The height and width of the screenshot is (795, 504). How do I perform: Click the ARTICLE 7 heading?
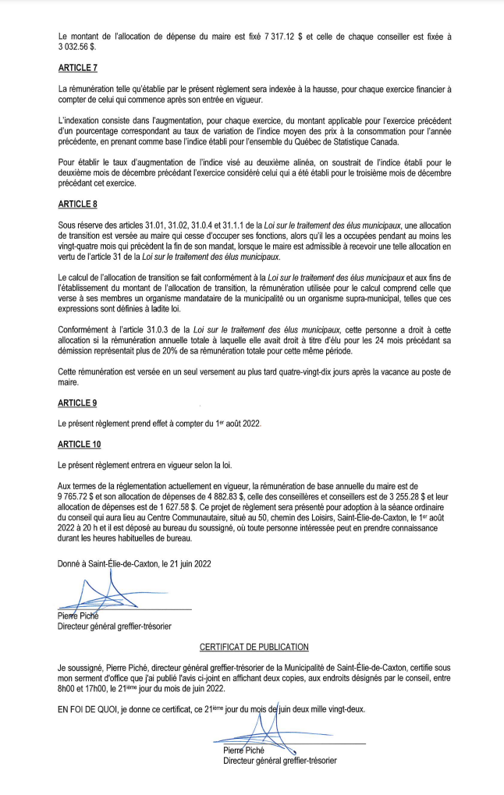click(78, 68)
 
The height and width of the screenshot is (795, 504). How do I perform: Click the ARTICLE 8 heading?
click(78, 204)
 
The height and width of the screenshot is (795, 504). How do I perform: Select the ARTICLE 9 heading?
click(78, 403)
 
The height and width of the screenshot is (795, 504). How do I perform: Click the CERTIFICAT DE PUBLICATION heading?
click(254, 647)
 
